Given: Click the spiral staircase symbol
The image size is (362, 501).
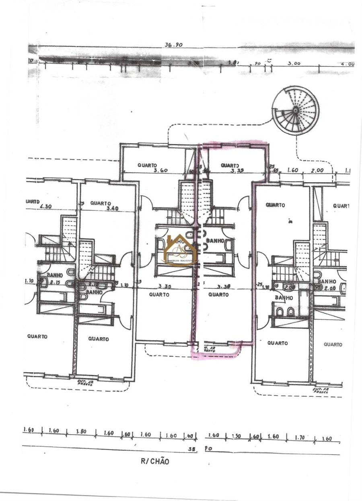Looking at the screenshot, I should [295, 110].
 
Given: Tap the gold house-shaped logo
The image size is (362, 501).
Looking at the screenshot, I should [180, 250].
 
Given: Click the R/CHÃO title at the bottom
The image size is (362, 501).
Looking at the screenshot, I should [155, 462].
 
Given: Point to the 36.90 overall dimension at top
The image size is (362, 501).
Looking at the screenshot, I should [174, 45].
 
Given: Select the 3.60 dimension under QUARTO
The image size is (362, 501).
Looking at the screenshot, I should [160, 170].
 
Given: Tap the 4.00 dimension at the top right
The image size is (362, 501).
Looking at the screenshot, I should [347, 64].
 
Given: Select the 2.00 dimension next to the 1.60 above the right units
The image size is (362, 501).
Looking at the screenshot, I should [317, 171].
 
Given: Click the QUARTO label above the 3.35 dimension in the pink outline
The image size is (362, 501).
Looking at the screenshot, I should [230, 165].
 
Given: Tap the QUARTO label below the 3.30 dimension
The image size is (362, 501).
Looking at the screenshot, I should [219, 295].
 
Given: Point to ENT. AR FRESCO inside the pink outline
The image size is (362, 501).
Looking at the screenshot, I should [209, 348].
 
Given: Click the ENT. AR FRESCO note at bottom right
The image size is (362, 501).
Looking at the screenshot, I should [321, 391].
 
